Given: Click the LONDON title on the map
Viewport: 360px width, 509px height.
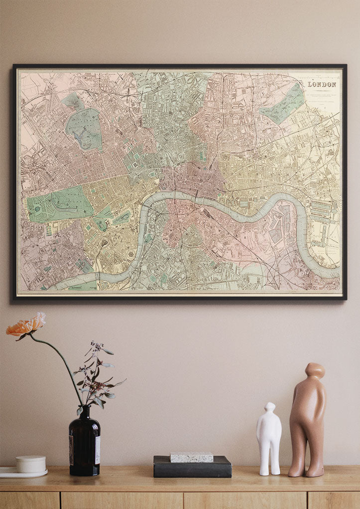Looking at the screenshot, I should [x=322, y=85].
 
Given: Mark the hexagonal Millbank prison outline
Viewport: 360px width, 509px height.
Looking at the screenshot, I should [x=132, y=254].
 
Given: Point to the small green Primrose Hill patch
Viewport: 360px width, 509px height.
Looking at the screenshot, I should [x=73, y=101].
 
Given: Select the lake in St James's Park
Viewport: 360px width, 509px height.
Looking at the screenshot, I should [x=121, y=217].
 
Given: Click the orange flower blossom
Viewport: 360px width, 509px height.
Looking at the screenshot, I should [x=26, y=326].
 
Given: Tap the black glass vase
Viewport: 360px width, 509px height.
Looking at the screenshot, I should [x=84, y=443].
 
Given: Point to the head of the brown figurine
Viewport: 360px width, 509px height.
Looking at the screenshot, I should [x=315, y=371].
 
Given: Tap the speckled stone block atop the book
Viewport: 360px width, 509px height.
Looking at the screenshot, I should [x=192, y=457].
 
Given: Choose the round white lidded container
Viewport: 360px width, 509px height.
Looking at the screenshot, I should [x=31, y=464].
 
